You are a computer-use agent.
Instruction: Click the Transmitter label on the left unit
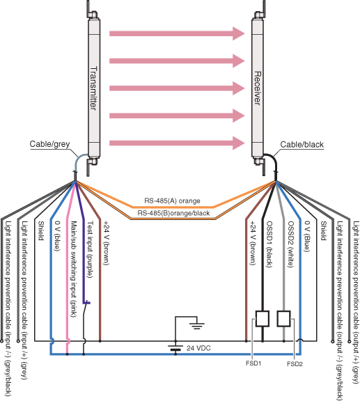coord(93,86)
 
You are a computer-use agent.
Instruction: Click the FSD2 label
coord(295,363)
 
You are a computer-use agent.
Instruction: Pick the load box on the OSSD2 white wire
coord(284,318)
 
